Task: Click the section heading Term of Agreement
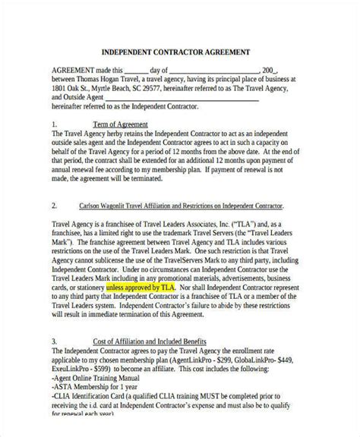119,124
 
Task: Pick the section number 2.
54,206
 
